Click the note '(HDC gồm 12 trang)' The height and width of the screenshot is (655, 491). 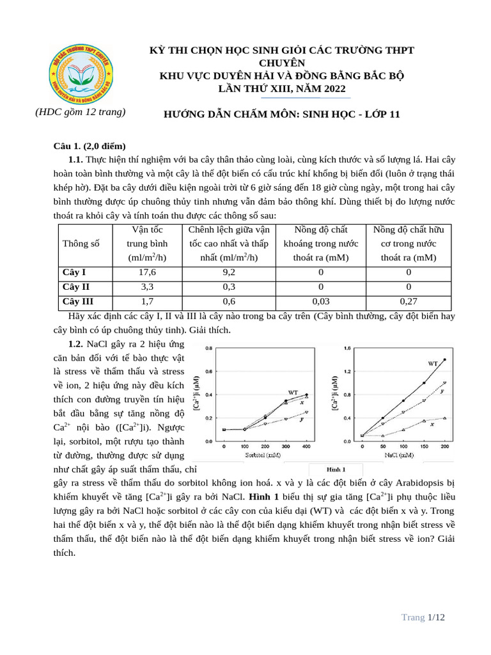[80, 112]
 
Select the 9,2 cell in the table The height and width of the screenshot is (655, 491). [228, 272]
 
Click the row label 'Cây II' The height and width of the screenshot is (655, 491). [75, 287]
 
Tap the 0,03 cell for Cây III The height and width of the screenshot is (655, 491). [322, 301]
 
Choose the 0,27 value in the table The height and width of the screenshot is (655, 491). [409, 301]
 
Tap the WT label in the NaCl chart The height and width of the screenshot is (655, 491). [433, 363]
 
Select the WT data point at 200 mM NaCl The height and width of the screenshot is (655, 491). [444, 359]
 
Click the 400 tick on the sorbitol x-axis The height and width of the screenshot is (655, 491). [306, 446]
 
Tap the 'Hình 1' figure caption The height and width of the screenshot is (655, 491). [336, 470]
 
